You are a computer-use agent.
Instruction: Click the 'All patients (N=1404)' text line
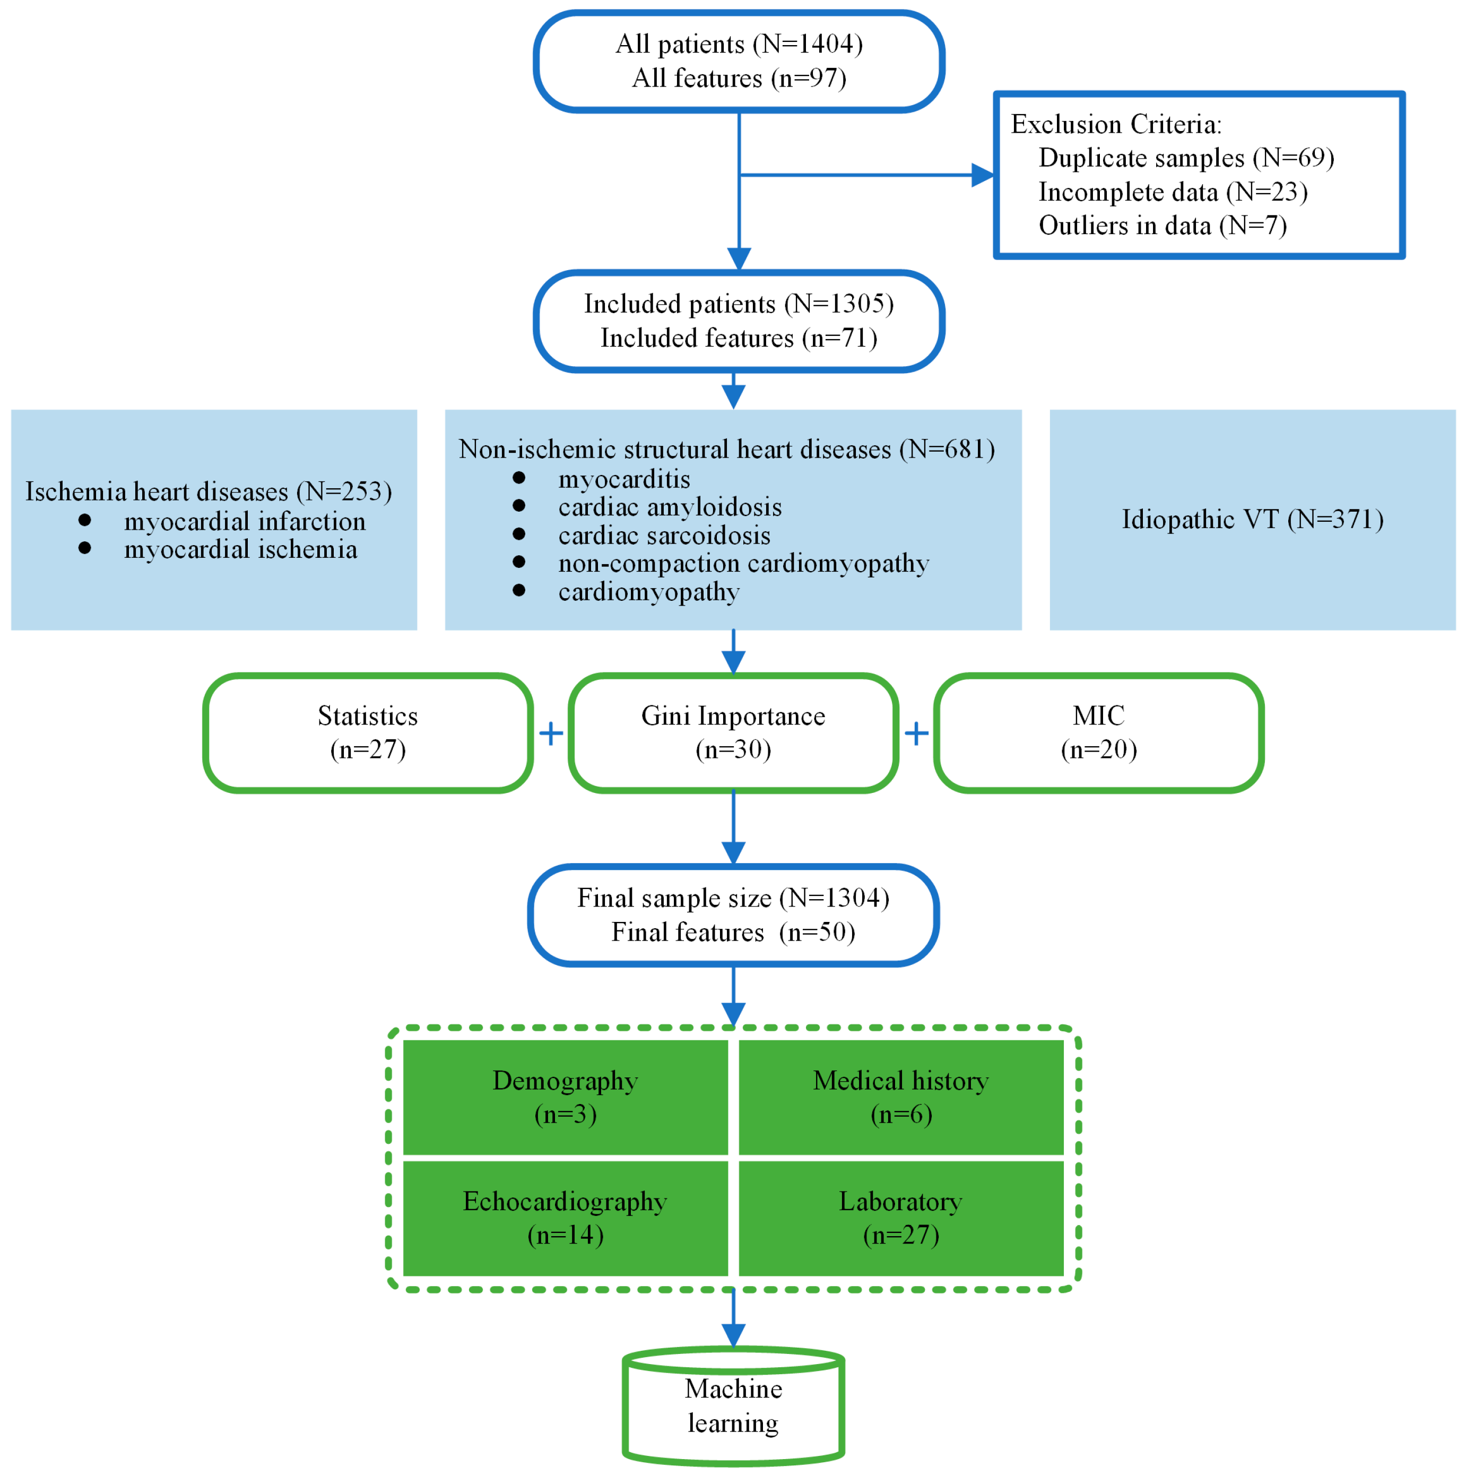coord(739,44)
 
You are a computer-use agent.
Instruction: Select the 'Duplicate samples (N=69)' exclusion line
coord(1186,158)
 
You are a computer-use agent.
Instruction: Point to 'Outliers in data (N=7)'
coord(1163,226)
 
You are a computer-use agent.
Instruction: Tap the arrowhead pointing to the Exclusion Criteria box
coord(982,176)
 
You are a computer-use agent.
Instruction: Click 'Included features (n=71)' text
coord(739,338)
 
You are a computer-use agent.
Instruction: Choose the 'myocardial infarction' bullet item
coord(244,521)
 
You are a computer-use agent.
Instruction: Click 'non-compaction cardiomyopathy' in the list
coord(743,564)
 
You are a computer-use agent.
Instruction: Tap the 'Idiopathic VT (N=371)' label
coord(1252,520)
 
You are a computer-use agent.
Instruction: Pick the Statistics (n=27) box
coord(368,733)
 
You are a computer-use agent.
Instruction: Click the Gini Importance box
coord(733,733)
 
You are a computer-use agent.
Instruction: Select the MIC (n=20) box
coord(1098,733)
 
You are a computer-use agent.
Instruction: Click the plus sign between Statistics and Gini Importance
coord(551,734)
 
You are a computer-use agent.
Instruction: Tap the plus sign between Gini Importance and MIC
coord(916,734)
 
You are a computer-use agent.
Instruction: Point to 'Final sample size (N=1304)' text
coord(733,899)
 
